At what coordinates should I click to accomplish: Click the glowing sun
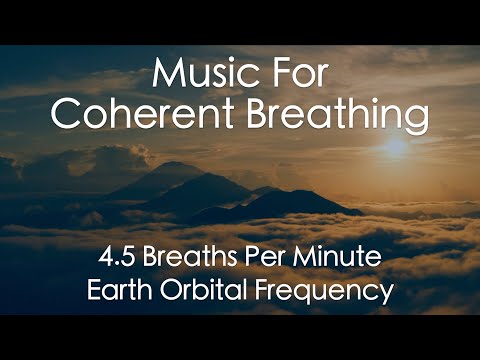[397, 147]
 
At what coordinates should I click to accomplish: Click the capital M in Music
[168, 73]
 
